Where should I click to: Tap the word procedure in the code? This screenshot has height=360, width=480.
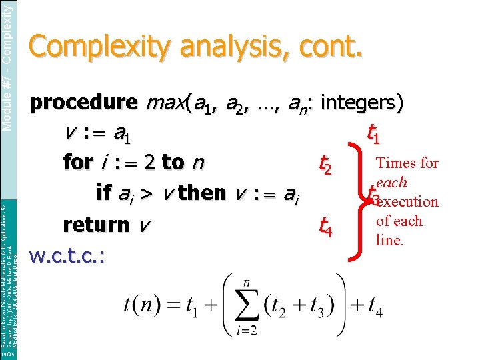coord(83,103)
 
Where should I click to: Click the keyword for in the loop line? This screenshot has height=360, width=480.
coord(77,162)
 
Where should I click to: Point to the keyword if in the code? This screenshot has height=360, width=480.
coord(104,192)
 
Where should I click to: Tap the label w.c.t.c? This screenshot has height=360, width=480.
coord(70,255)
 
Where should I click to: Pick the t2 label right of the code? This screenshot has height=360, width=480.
coord(324,163)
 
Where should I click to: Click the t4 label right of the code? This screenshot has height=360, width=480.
coord(324,229)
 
